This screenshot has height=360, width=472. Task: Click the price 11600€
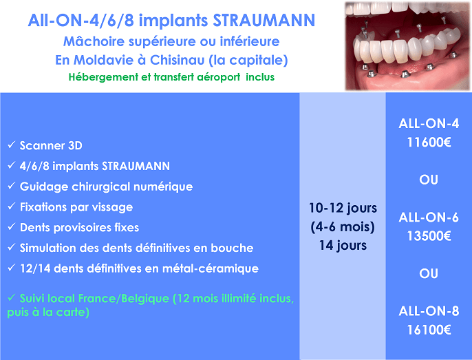coord(429,142)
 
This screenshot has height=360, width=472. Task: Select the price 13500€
coord(429,236)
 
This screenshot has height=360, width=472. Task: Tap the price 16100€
coord(429,330)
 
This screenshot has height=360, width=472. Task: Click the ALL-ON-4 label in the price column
coord(429,123)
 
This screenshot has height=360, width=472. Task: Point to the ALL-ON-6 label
coord(429,218)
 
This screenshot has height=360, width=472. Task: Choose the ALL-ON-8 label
coord(429,311)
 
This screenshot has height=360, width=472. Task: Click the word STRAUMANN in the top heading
coord(264,21)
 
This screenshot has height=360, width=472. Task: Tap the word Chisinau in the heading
coord(178,60)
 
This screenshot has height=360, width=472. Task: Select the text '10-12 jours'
coord(343,208)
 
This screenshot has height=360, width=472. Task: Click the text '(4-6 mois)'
coord(343,227)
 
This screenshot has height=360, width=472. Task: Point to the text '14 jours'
coord(343,245)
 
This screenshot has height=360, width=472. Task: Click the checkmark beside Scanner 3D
coord(12,145)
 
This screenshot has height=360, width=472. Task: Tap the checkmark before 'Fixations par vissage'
coord(12,207)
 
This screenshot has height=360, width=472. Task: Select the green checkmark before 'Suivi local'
coord(12,297)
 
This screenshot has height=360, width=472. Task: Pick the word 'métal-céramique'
coord(211,268)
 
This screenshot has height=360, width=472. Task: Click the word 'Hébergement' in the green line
coord(103,77)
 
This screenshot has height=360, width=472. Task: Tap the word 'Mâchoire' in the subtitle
coord(94,41)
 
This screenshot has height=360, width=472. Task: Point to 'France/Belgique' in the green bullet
coord(124,299)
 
